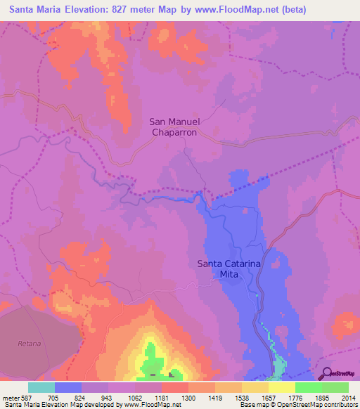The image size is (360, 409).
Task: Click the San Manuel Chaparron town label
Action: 174,126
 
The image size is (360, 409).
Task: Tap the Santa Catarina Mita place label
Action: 229,268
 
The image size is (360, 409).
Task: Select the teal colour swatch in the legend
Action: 41,387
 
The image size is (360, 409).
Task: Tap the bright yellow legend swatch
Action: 281,387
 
